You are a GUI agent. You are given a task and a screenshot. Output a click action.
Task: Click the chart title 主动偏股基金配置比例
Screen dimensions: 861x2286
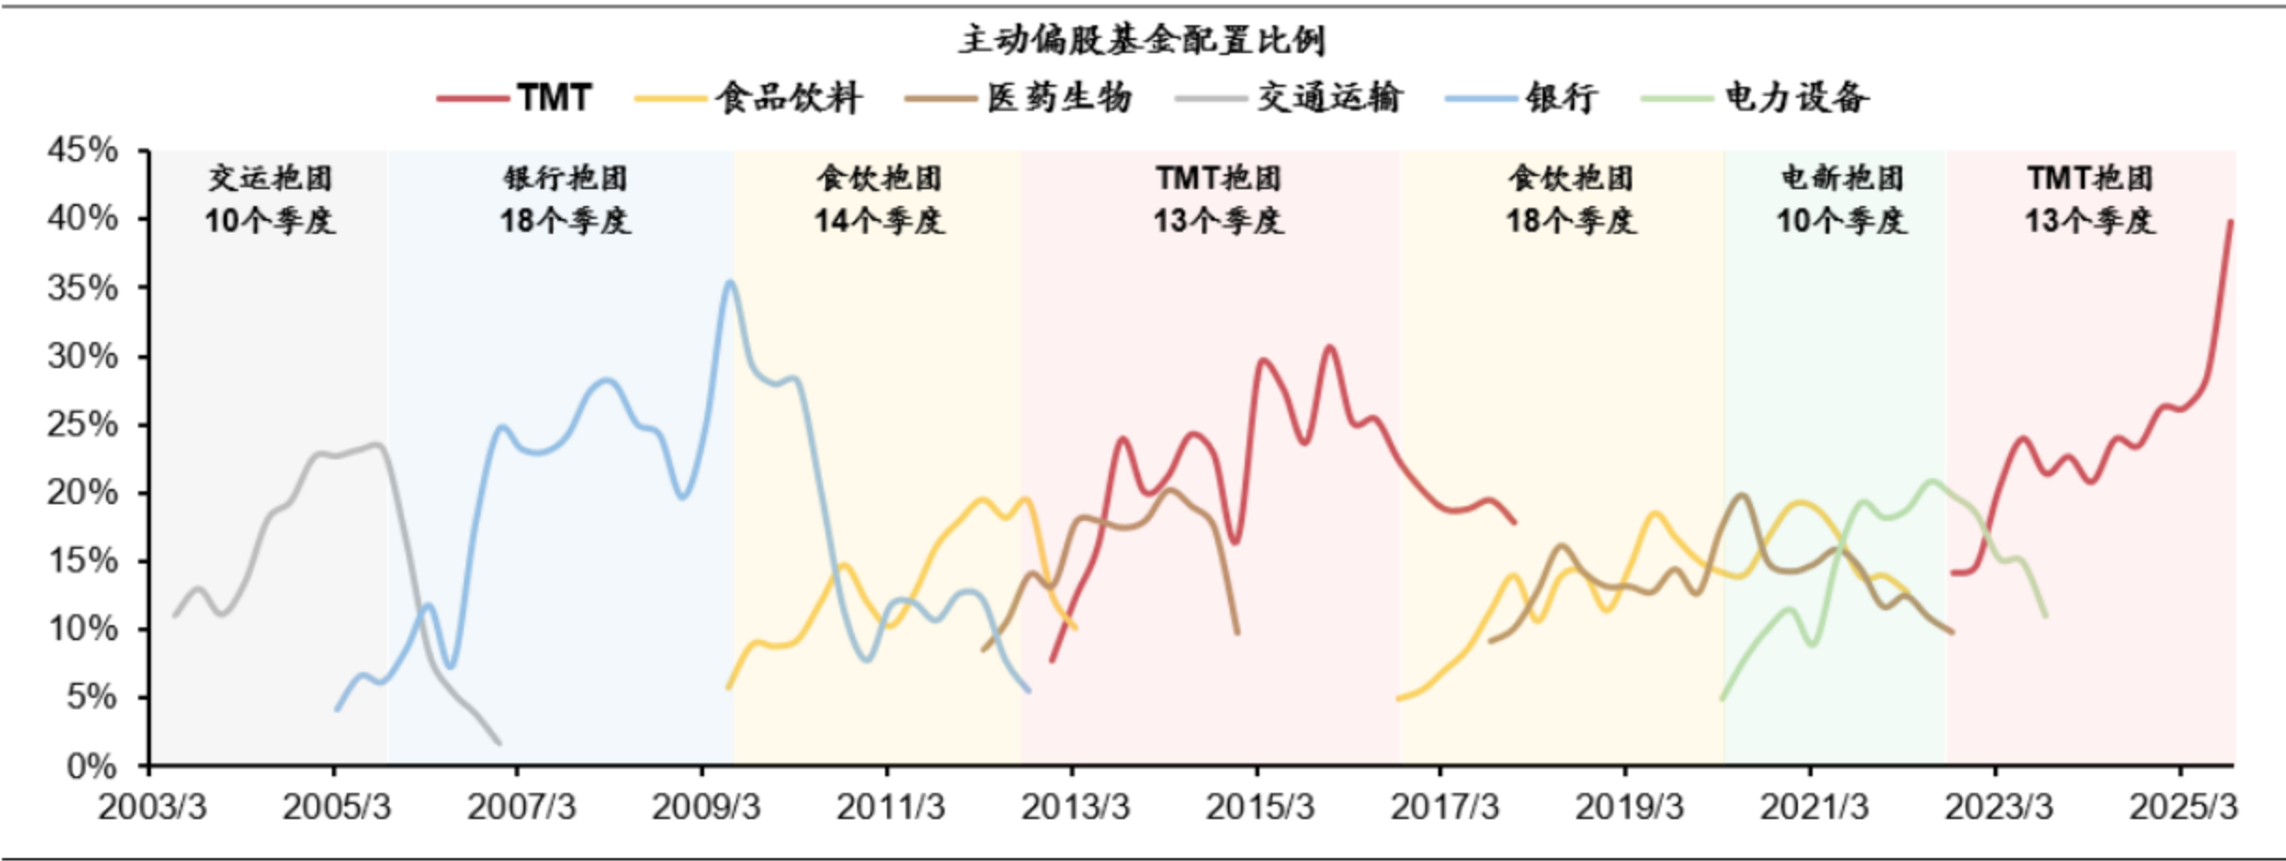1142,40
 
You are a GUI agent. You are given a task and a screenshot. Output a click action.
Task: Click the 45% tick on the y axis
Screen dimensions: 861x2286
84,150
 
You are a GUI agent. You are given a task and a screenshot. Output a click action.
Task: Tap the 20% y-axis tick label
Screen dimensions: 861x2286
84,493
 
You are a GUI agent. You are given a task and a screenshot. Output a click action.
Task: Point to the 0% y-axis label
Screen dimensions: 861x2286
92,767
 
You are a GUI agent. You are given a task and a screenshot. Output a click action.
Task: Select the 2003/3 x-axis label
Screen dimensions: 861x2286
152,807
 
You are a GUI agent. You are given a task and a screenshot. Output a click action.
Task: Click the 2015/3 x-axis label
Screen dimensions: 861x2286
1259,807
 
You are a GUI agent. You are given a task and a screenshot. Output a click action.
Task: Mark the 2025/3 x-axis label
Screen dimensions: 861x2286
2183,807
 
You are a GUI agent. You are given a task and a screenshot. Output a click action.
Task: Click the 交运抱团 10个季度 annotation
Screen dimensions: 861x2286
270,199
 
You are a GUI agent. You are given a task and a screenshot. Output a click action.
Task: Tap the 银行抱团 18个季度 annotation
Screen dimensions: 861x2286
565,199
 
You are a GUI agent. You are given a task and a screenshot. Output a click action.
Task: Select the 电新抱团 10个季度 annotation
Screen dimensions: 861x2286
1842,199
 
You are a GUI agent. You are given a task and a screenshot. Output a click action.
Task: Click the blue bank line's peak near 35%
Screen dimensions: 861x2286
730,281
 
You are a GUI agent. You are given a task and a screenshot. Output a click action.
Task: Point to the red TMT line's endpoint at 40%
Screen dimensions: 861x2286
2230,222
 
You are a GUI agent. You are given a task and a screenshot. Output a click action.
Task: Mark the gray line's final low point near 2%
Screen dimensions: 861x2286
499,743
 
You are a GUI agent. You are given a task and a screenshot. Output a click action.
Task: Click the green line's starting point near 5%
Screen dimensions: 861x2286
1721,698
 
